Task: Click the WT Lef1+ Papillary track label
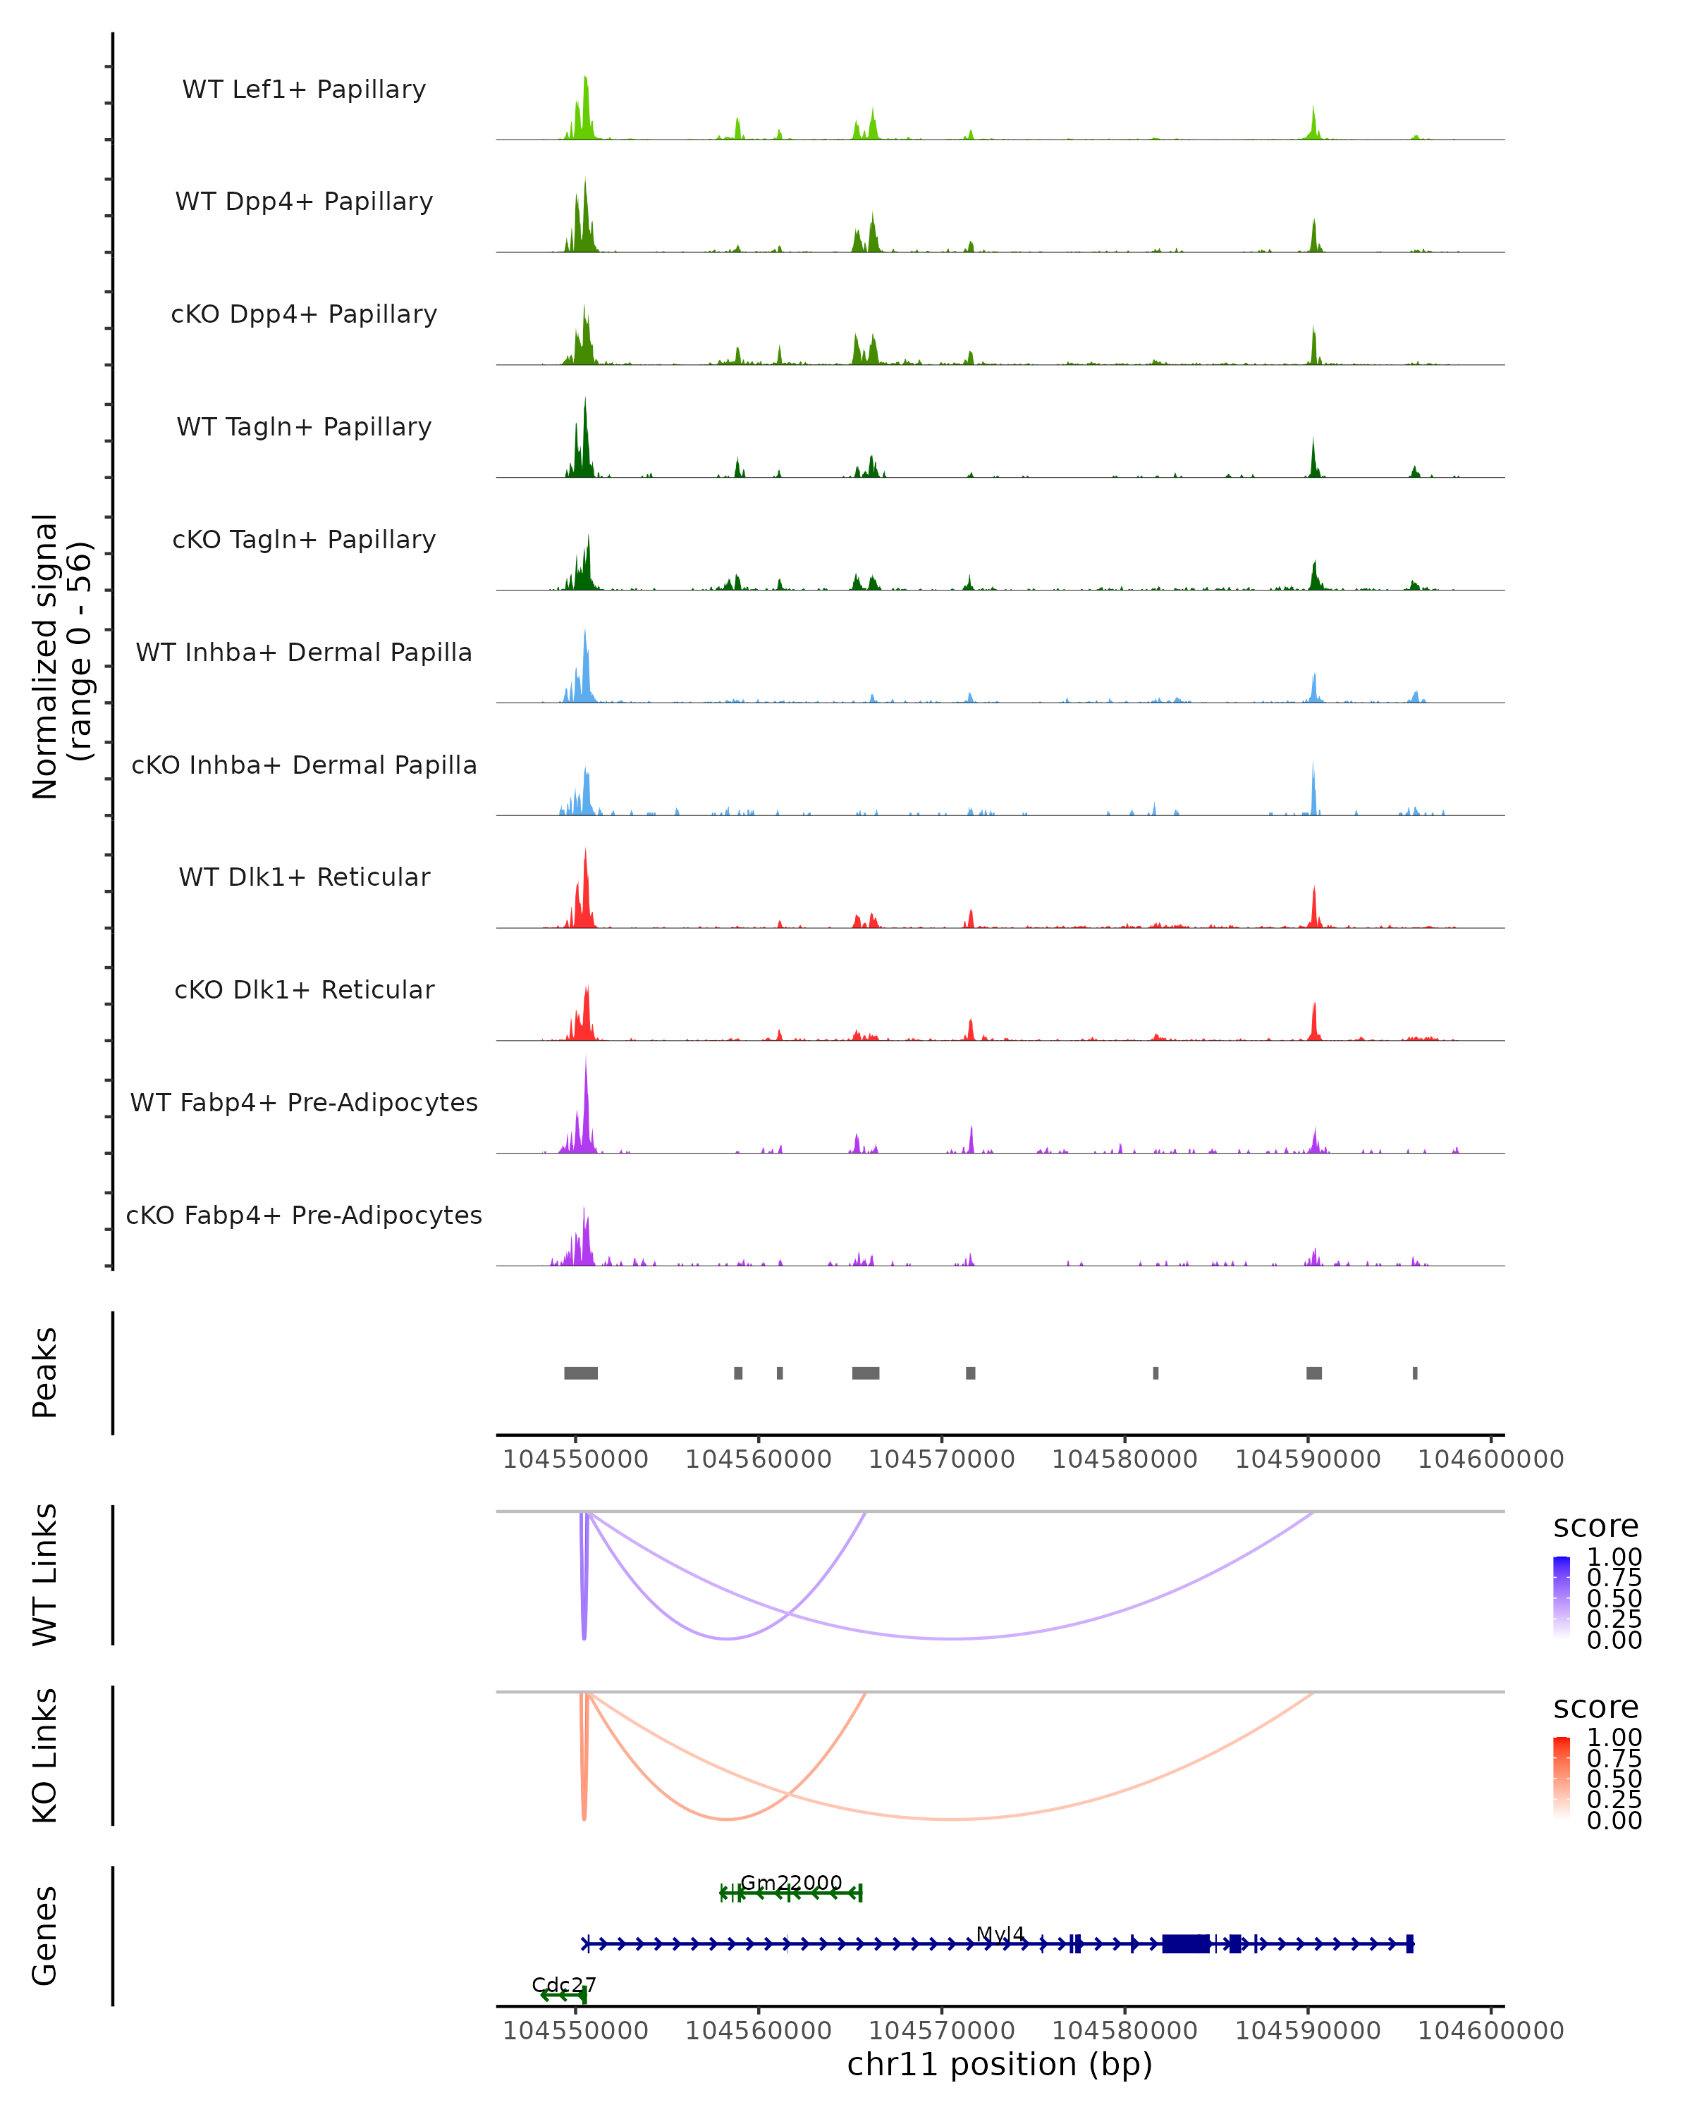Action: (304, 89)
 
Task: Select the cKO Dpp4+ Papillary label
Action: (304, 315)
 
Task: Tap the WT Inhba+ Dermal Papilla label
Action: (304, 653)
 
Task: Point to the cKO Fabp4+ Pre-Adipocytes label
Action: (304, 1216)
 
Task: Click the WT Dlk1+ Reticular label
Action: (304, 877)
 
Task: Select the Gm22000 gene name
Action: (790, 1883)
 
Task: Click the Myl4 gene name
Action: (1000, 1934)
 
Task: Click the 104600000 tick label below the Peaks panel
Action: (1491, 1459)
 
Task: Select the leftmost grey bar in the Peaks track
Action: (581, 1373)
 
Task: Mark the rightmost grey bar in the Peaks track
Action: (1414, 1373)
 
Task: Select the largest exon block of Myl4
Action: (1185, 1943)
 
